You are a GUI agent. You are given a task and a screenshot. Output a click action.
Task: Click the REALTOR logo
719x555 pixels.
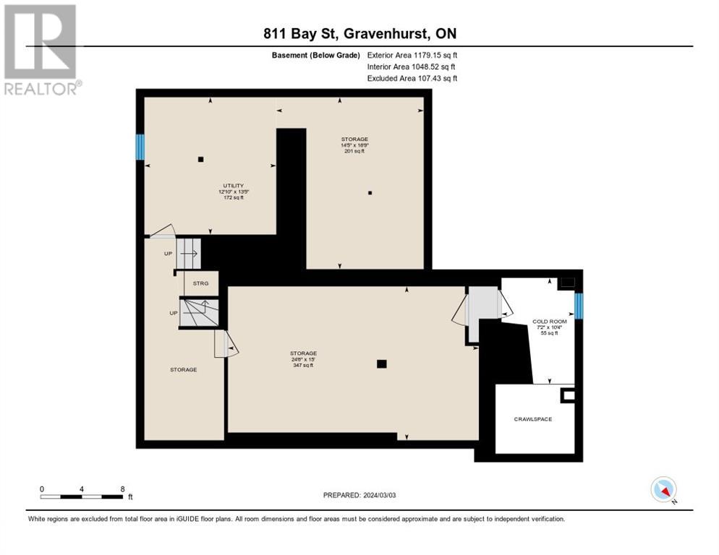point(41,49)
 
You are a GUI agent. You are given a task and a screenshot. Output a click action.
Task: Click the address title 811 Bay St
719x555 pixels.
point(359,33)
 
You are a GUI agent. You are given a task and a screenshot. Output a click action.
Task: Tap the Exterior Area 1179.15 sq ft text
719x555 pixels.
point(412,55)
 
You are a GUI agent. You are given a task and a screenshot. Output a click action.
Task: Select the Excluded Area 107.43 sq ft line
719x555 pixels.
point(412,78)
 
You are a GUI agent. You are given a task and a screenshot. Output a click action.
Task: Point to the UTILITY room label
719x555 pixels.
point(233,192)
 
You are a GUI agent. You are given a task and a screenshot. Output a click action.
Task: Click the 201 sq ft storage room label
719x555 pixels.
point(354,145)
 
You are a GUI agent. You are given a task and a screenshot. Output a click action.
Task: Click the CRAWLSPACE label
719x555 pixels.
point(533,419)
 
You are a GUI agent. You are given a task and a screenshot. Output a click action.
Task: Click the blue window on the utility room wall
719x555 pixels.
point(140,147)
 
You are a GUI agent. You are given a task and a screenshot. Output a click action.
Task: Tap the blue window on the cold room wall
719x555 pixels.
point(578,306)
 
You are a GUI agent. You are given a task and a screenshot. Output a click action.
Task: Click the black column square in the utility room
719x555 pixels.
point(201,159)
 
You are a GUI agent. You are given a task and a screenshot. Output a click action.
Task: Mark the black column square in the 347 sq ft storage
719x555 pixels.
point(382,364)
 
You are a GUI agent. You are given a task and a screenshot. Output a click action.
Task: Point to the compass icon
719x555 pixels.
point(663,489)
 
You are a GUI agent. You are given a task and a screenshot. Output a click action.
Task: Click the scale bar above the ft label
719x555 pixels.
point(81,496)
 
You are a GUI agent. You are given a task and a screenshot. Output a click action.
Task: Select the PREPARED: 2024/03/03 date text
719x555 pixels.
point(359,495)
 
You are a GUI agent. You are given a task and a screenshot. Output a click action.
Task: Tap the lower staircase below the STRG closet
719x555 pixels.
point(199,313)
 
